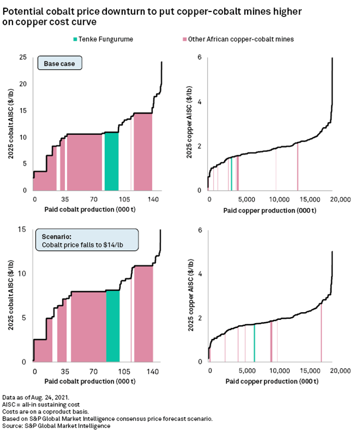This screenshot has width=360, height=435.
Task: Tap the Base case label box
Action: click(60, 64)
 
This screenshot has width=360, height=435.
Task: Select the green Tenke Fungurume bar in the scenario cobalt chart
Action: click(113, 326)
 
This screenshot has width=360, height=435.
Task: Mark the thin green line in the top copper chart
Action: click(232, 173)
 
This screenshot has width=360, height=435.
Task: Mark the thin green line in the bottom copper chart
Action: click(254, 343)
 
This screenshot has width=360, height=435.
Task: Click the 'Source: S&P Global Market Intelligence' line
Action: click(56, 426)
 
